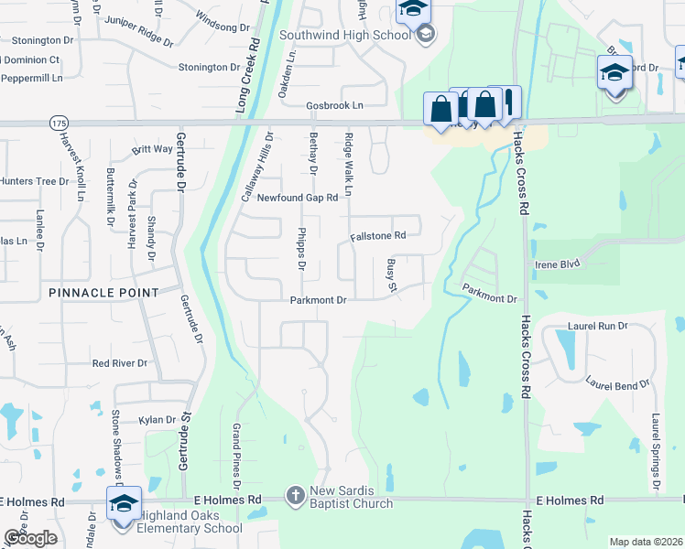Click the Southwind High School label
[345, 36]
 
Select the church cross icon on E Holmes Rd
[295, 497]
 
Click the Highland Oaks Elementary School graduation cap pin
[124, 503]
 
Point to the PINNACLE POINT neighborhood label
[105, 292]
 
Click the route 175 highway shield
[60, 123]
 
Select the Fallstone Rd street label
[377, 236]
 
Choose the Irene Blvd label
[558, 264]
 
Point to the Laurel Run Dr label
[597, 325]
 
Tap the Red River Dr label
[120, 363]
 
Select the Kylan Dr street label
[157, 420]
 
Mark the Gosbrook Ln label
[334, 105]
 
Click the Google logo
[30, 537]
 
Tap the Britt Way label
[152, 149]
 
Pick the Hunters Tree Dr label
[35, 181]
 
